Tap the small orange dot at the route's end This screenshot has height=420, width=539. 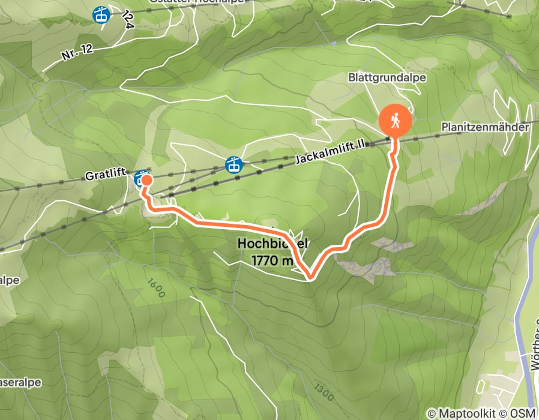coord(145,179)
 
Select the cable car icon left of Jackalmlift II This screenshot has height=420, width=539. coord(233,164)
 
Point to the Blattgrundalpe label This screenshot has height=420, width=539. coord(378,77)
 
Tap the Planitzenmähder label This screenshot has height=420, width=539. coord(484,128)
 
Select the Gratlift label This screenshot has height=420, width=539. coord(104,174)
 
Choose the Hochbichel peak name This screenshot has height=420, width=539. coord(274,244)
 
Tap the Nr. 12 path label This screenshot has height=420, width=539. coord(76,53)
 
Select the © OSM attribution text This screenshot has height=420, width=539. coord(520,413)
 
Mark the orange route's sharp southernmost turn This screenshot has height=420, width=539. coord(310,277)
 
